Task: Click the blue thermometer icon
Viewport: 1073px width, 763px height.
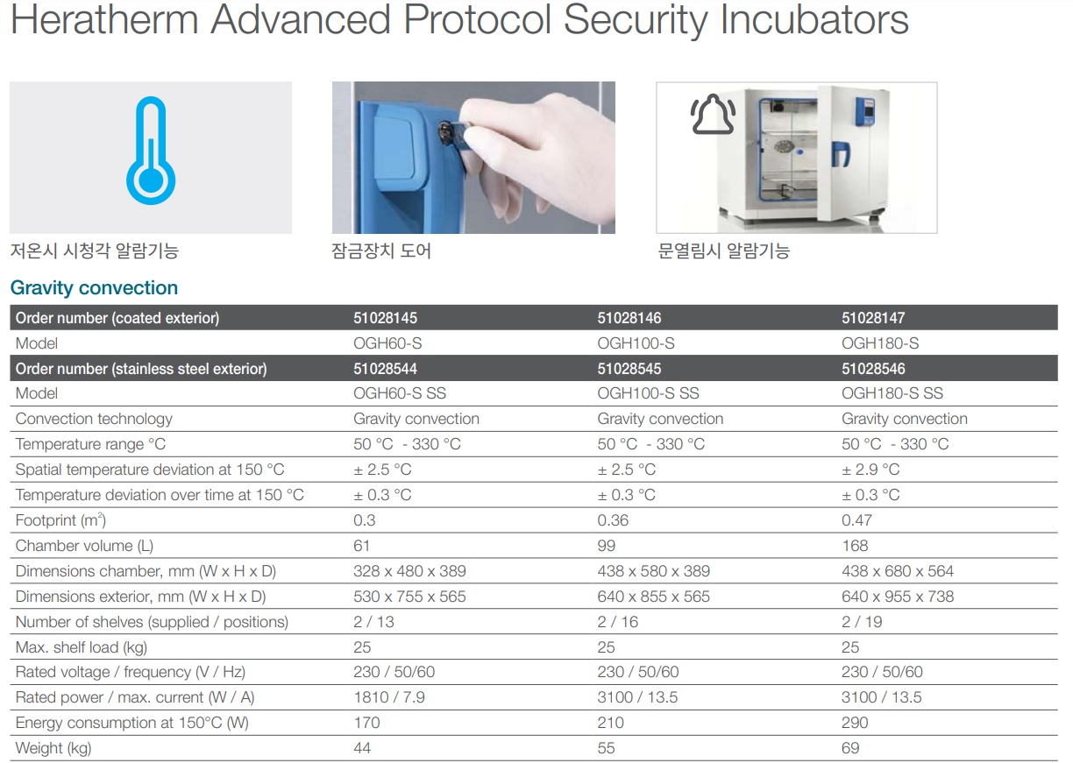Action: pos(151,151)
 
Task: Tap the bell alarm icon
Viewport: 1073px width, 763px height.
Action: pos(713,114)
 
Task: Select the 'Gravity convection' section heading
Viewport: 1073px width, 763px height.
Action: pos(94,287)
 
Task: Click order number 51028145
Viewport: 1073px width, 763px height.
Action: pos(385,318)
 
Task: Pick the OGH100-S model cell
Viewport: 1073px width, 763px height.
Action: pos(636,343)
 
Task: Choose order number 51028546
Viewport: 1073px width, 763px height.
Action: pos(873,369)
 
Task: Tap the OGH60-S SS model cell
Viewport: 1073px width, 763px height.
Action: pos(400,393)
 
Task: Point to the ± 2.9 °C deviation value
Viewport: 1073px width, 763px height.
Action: pos(870,470)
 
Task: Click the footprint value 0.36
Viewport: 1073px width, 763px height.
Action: pos(613,520)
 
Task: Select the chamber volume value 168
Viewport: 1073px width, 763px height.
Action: pos(855,546)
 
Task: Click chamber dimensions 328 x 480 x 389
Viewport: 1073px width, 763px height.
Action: pos(409,571)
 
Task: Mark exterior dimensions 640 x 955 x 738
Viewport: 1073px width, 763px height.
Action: pos(898,597)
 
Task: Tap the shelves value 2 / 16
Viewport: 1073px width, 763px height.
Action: pos(617,622)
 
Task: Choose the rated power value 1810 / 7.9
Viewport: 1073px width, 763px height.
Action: pos(389,697)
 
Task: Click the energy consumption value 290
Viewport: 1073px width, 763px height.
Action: pos(855,723)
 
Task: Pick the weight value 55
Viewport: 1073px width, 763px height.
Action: pos(606,748)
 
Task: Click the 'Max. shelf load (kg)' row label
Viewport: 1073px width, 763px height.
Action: pos(81,647)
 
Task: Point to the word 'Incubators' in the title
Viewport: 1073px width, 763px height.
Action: pos(814,20)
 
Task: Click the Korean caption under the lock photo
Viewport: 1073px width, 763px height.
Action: pos(381,251)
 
